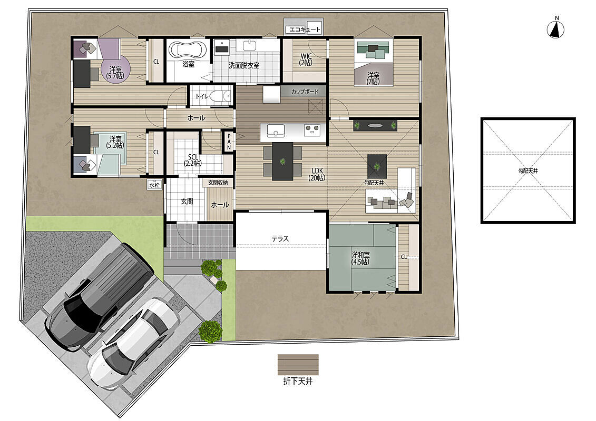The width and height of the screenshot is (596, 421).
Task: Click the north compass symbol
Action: (555, 29)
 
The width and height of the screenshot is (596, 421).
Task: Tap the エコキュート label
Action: (305, 29)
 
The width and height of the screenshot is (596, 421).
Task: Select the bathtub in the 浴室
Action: (188, 51)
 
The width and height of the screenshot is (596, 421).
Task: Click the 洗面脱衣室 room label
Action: (243, 65)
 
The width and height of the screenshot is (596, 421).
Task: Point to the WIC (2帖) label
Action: (306, 59)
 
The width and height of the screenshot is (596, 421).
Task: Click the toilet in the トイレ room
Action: (220, 96)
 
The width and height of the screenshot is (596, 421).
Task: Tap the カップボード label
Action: (305, 92)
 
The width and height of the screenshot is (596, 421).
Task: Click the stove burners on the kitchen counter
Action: (312, 130)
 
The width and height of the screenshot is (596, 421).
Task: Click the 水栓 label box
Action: (154, 185)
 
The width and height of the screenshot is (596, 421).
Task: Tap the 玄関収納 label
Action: (218, 183)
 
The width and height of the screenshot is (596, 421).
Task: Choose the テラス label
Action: (280, 239)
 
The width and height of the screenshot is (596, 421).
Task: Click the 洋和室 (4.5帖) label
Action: (360, 258)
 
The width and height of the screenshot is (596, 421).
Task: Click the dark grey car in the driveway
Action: (100, 297)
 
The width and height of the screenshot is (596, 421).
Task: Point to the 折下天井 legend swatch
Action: (298, 365)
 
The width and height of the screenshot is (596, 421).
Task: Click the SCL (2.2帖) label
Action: (193, 160)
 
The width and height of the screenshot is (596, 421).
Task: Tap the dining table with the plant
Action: (282, 162)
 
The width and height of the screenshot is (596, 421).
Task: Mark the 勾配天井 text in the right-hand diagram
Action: (529, 171)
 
